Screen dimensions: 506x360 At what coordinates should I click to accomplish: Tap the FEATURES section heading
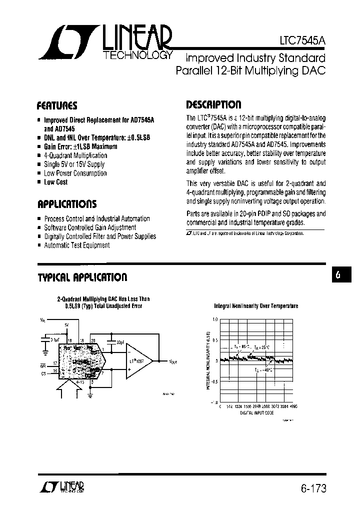click(x=57, y=105)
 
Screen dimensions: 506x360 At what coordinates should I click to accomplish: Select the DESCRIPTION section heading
click(x=213, y=104)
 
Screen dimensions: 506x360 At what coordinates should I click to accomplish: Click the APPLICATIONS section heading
click(x=67, y=204)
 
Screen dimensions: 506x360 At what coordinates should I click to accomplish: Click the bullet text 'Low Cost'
click(x=56, y=182)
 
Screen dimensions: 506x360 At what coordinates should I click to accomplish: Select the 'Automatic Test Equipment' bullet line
click(x=77, y=245)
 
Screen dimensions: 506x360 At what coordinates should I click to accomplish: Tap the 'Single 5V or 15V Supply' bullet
click(x=74, y=164)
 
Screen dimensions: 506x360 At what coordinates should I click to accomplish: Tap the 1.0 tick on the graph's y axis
click(x=215, y=319)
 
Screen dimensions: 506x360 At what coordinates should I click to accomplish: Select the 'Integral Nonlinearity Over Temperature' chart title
click(x=256, y=305)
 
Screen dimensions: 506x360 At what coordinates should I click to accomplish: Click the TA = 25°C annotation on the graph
click(x=262, y=347)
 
